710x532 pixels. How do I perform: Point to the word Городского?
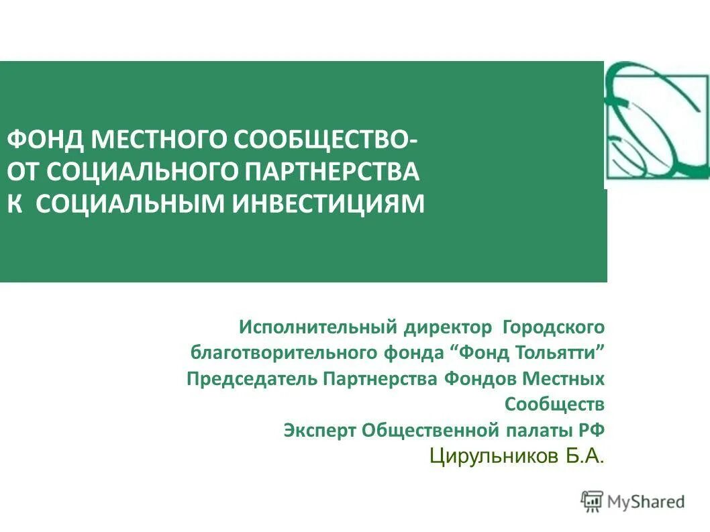pyautogui.click(x=554, y=327)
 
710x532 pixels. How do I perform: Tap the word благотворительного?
pyautogui.click(x=284, y=353)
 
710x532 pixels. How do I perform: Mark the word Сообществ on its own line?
pyautogui.click(x=554, y=405)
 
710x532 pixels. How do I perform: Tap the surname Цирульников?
pyautogui.click(x=493, y=457)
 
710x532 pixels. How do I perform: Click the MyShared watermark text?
pyautogui.click(x=646, y=501)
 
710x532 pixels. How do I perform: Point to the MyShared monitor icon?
pyautogui.click(x=592, y=501)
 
